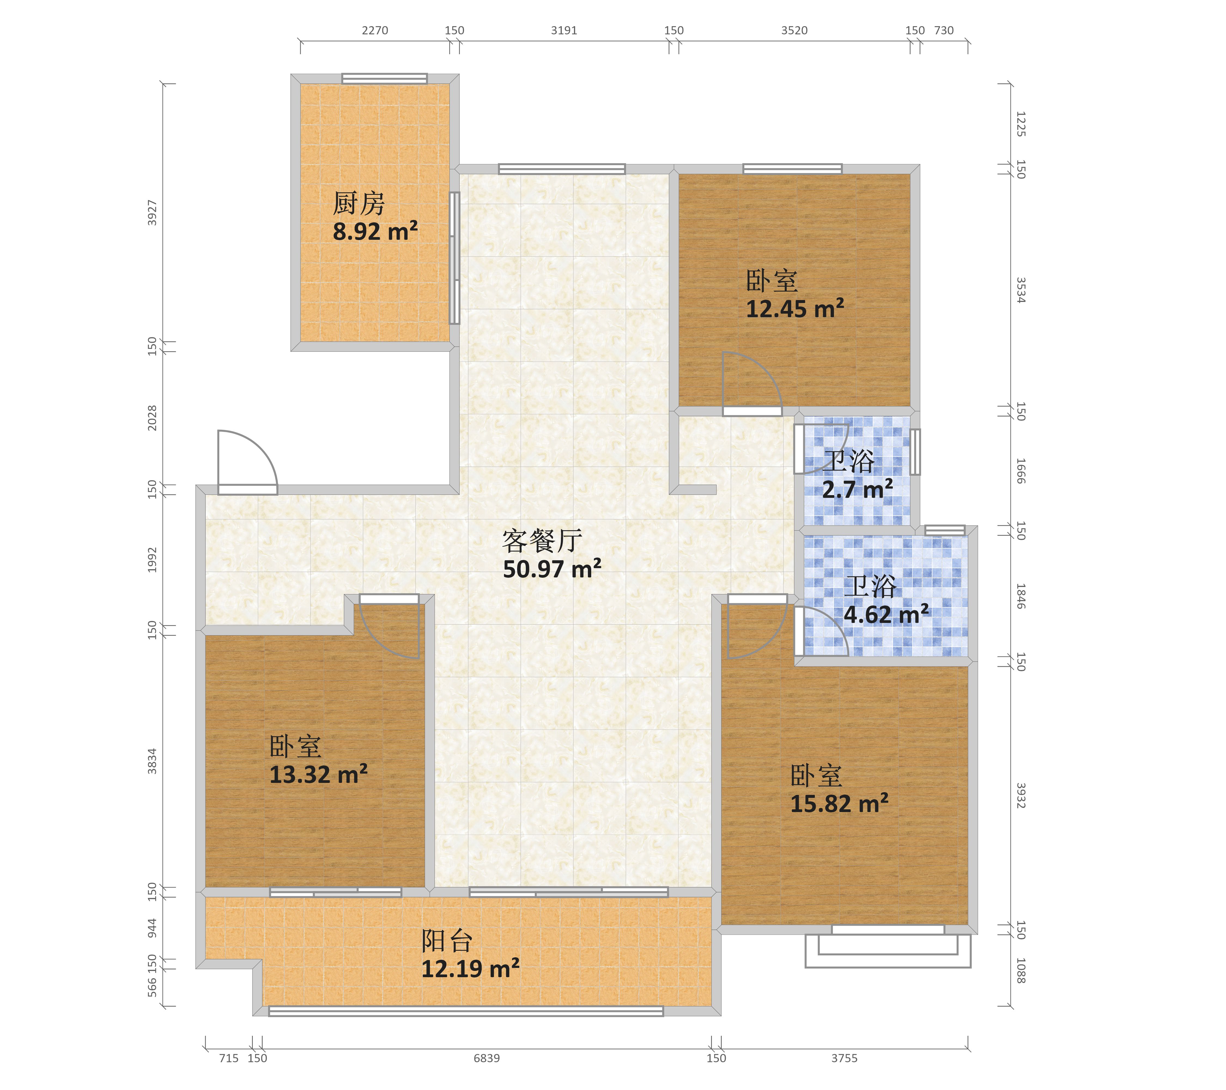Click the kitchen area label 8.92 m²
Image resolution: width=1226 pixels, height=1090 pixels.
(x=375, y=231)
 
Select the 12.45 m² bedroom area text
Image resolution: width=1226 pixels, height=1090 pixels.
(x=795, y=308)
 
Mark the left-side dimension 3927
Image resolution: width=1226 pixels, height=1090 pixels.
(x=152, y=213)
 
